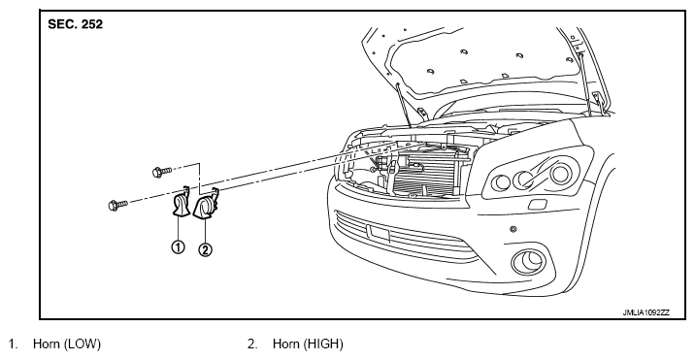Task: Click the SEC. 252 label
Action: [x=75, y=24]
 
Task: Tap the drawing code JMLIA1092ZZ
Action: [x=646, y=312]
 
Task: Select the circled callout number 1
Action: [x=178, y=246]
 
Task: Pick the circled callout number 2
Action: [x=205, y=250]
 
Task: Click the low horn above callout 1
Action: [x=181, y=204]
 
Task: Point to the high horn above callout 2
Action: [x=206, y=204]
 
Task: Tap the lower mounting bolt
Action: [x=117, y=205]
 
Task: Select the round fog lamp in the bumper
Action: [x=529, y=262]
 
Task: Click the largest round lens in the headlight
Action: [x=561, y=173]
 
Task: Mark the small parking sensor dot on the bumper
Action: [x=513, y=229]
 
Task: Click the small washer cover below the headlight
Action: [x=538, y=205]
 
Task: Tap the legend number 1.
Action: [x=13, y=344]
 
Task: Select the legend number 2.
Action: [x=252, y=344]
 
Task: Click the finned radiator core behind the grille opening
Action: [x=425, y=173]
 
